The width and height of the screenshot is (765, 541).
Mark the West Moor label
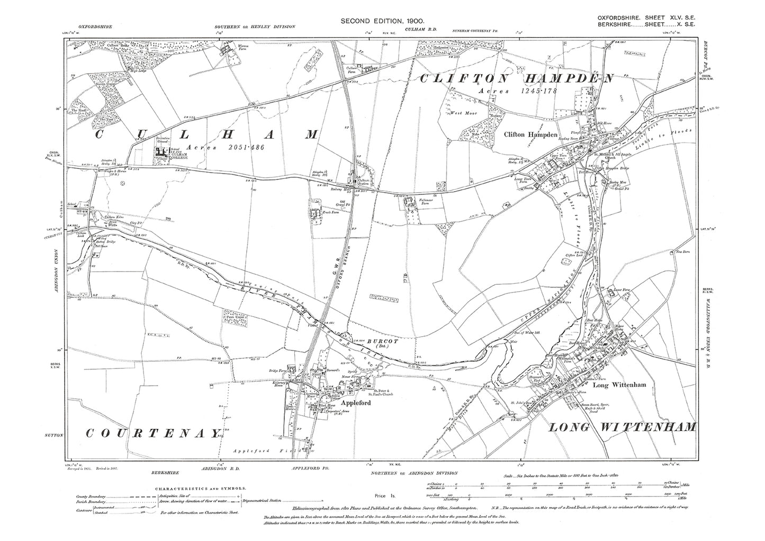pos(460,113)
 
